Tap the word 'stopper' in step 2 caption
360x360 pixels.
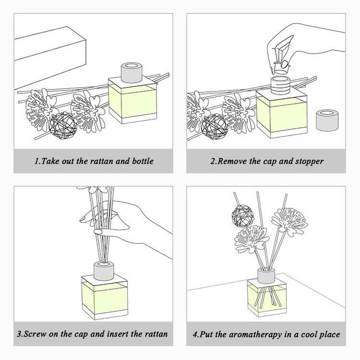pyautogui.click(x=309, y=162)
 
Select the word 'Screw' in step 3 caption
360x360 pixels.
pyautogui.click(x=35, y=334)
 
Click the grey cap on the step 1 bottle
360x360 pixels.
pyautogui.click(x=131, y=73)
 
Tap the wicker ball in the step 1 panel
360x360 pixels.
pyautogui.click(x=63, y=126)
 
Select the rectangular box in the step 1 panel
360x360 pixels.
pyautogui.click(x=50, y=58)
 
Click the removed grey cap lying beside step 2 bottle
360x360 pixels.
pyautogui.click(x=327, y=120)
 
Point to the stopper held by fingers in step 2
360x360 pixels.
pyautogui.click(x=281, y=68)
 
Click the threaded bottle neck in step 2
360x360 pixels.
pyautogui.click(x=280, y=85)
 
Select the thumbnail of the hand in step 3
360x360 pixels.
pyautogui.click(x=98, y=232)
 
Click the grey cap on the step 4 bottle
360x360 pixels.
pyautogui.click(x=266, y=276)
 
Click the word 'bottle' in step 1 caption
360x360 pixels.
pyautogui.click(x=143, y=161)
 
